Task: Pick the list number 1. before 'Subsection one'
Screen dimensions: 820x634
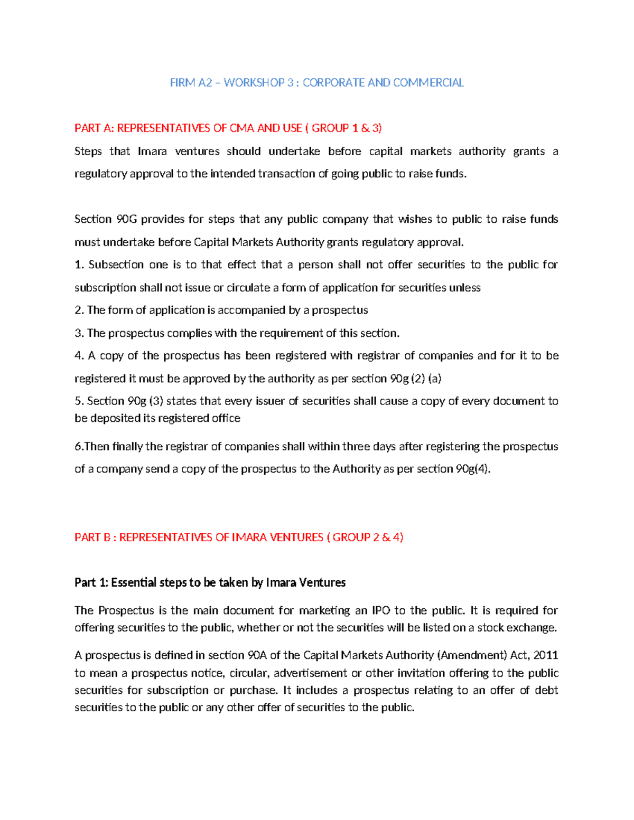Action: click(x=79, y=265)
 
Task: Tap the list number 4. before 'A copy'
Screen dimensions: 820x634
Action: click(x=79, y=355)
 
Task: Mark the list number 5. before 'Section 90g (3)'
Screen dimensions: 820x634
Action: click(x=79, y=401)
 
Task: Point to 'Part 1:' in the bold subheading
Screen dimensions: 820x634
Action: click(x=91, y=582)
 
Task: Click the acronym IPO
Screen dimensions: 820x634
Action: click(x=381, y=610)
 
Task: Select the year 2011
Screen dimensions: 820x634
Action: click(x=546, y=655)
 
